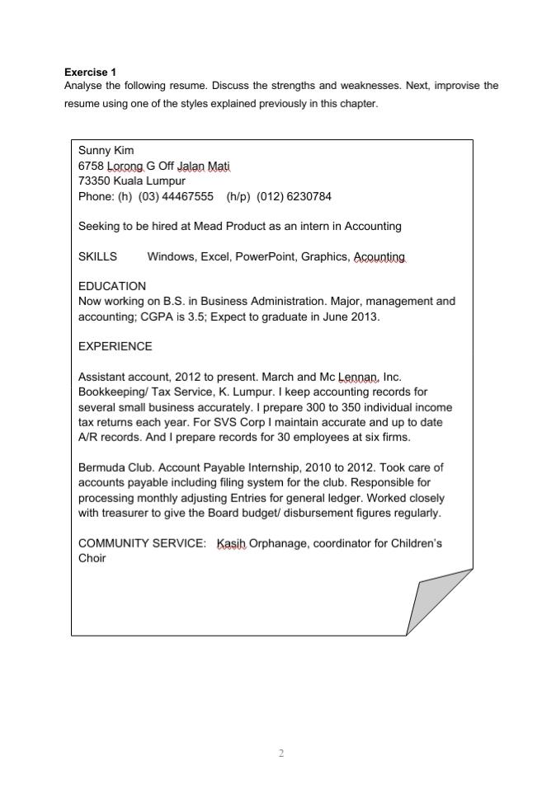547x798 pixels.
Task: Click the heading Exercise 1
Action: [90, 73]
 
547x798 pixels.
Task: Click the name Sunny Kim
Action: [106, 151]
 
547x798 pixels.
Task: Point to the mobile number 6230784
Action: [307, 196]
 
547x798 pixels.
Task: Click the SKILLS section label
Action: [97, 256]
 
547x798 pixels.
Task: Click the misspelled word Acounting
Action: [380, 256]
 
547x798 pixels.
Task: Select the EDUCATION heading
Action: [112, 286]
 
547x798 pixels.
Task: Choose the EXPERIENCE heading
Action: [116, 346]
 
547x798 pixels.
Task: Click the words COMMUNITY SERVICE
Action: [142, 543]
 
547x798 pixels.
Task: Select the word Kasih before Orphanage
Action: [231, 543]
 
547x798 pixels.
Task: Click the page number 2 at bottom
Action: [281, 753]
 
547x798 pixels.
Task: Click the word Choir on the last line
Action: [92, 558]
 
